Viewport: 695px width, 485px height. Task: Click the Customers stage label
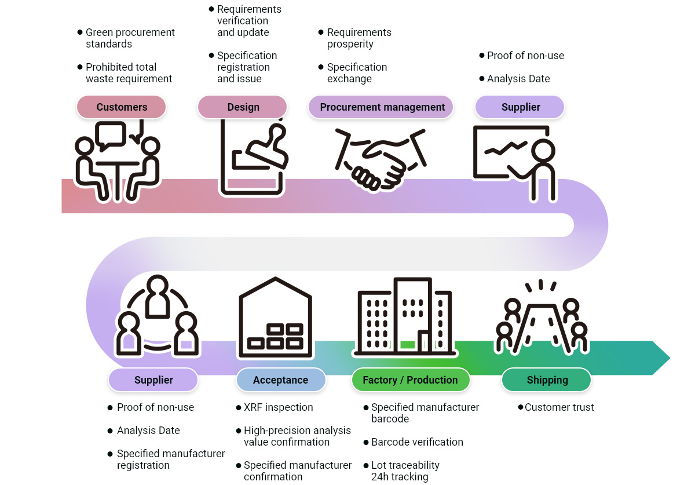click(122, 107)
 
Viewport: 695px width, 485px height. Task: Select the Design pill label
click(243, 107)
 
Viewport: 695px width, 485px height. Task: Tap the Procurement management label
click(382, 107)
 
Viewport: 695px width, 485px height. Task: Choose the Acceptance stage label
click(280, 380)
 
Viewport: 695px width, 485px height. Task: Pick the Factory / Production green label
click(410, 380)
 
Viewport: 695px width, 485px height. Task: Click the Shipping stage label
click(547, 380)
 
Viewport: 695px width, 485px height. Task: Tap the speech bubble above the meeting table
click(111, 135)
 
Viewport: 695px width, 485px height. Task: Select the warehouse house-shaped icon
click(276, 317)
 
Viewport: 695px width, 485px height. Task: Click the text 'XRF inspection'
click(278, 407)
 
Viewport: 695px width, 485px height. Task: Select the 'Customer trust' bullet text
click(559, 407)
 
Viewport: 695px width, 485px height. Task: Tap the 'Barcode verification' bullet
click(417, 442)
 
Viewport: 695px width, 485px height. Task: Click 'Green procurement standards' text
click(130, 38)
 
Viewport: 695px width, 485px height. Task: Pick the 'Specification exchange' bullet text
click(357, 73)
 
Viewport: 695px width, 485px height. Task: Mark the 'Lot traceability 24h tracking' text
click(405, 471)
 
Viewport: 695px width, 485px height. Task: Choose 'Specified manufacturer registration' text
click(170, 460)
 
